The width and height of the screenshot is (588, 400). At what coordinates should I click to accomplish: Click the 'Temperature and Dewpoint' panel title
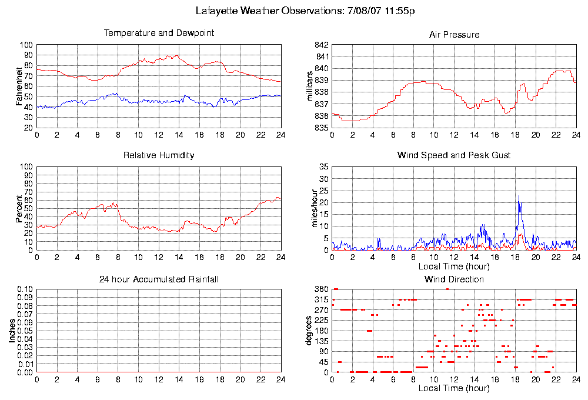159,34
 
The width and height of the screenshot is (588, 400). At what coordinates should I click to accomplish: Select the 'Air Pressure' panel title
454,35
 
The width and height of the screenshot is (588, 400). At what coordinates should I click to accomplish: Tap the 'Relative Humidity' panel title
159,156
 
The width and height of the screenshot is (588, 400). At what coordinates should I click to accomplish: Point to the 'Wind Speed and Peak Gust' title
454,156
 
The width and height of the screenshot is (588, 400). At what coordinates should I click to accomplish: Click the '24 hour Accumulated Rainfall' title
159,279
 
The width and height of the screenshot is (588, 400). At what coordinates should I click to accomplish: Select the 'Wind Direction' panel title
454,279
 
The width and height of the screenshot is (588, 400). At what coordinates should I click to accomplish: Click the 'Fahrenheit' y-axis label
20,86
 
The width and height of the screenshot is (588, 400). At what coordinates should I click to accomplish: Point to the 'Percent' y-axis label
20,208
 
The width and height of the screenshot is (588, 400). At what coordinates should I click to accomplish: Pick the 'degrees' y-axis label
310,331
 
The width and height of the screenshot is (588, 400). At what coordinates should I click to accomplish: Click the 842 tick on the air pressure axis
320,45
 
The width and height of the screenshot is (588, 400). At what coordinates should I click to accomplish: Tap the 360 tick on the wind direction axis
320,289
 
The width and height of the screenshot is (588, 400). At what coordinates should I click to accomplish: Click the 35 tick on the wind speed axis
323,167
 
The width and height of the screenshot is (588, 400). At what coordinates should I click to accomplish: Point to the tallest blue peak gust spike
519,196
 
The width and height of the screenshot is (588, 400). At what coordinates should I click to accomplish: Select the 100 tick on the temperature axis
26,45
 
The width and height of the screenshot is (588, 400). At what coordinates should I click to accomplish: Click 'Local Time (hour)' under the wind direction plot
453,388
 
